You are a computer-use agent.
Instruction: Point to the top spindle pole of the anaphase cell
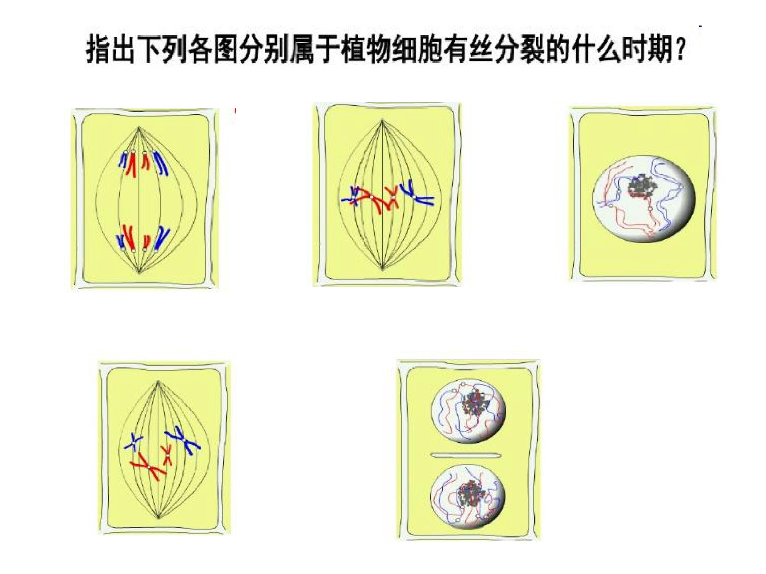[x=139, y=128]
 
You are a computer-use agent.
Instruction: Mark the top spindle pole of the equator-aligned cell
[x=382, y=120]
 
